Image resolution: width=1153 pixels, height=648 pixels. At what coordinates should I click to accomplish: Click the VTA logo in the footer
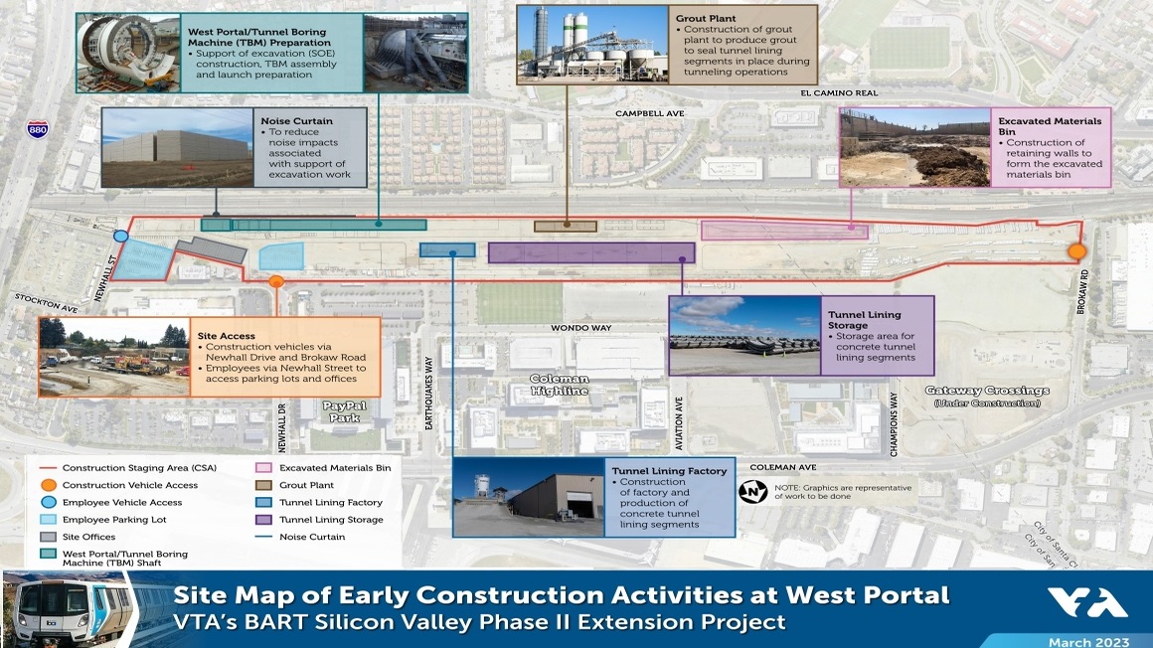click(x=1087, y=602)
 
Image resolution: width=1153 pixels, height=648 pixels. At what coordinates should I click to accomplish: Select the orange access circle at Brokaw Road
click(x=1076, y=251)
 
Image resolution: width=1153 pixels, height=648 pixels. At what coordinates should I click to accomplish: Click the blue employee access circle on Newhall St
click(x=121, y=237)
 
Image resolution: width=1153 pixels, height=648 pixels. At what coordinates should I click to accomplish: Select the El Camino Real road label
click(x=839, y=92)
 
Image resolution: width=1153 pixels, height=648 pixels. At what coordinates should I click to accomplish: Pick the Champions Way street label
click(x=895, y=423)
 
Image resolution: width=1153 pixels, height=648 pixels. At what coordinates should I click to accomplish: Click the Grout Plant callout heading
click(x=705, y=18)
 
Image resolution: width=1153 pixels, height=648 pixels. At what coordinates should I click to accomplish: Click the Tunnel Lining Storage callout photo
click(x=744, y=335)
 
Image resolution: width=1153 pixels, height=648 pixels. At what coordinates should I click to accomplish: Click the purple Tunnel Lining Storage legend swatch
click(x=263, y=519)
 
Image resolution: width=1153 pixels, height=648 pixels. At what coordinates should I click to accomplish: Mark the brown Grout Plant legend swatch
click(x=263, y=485)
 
